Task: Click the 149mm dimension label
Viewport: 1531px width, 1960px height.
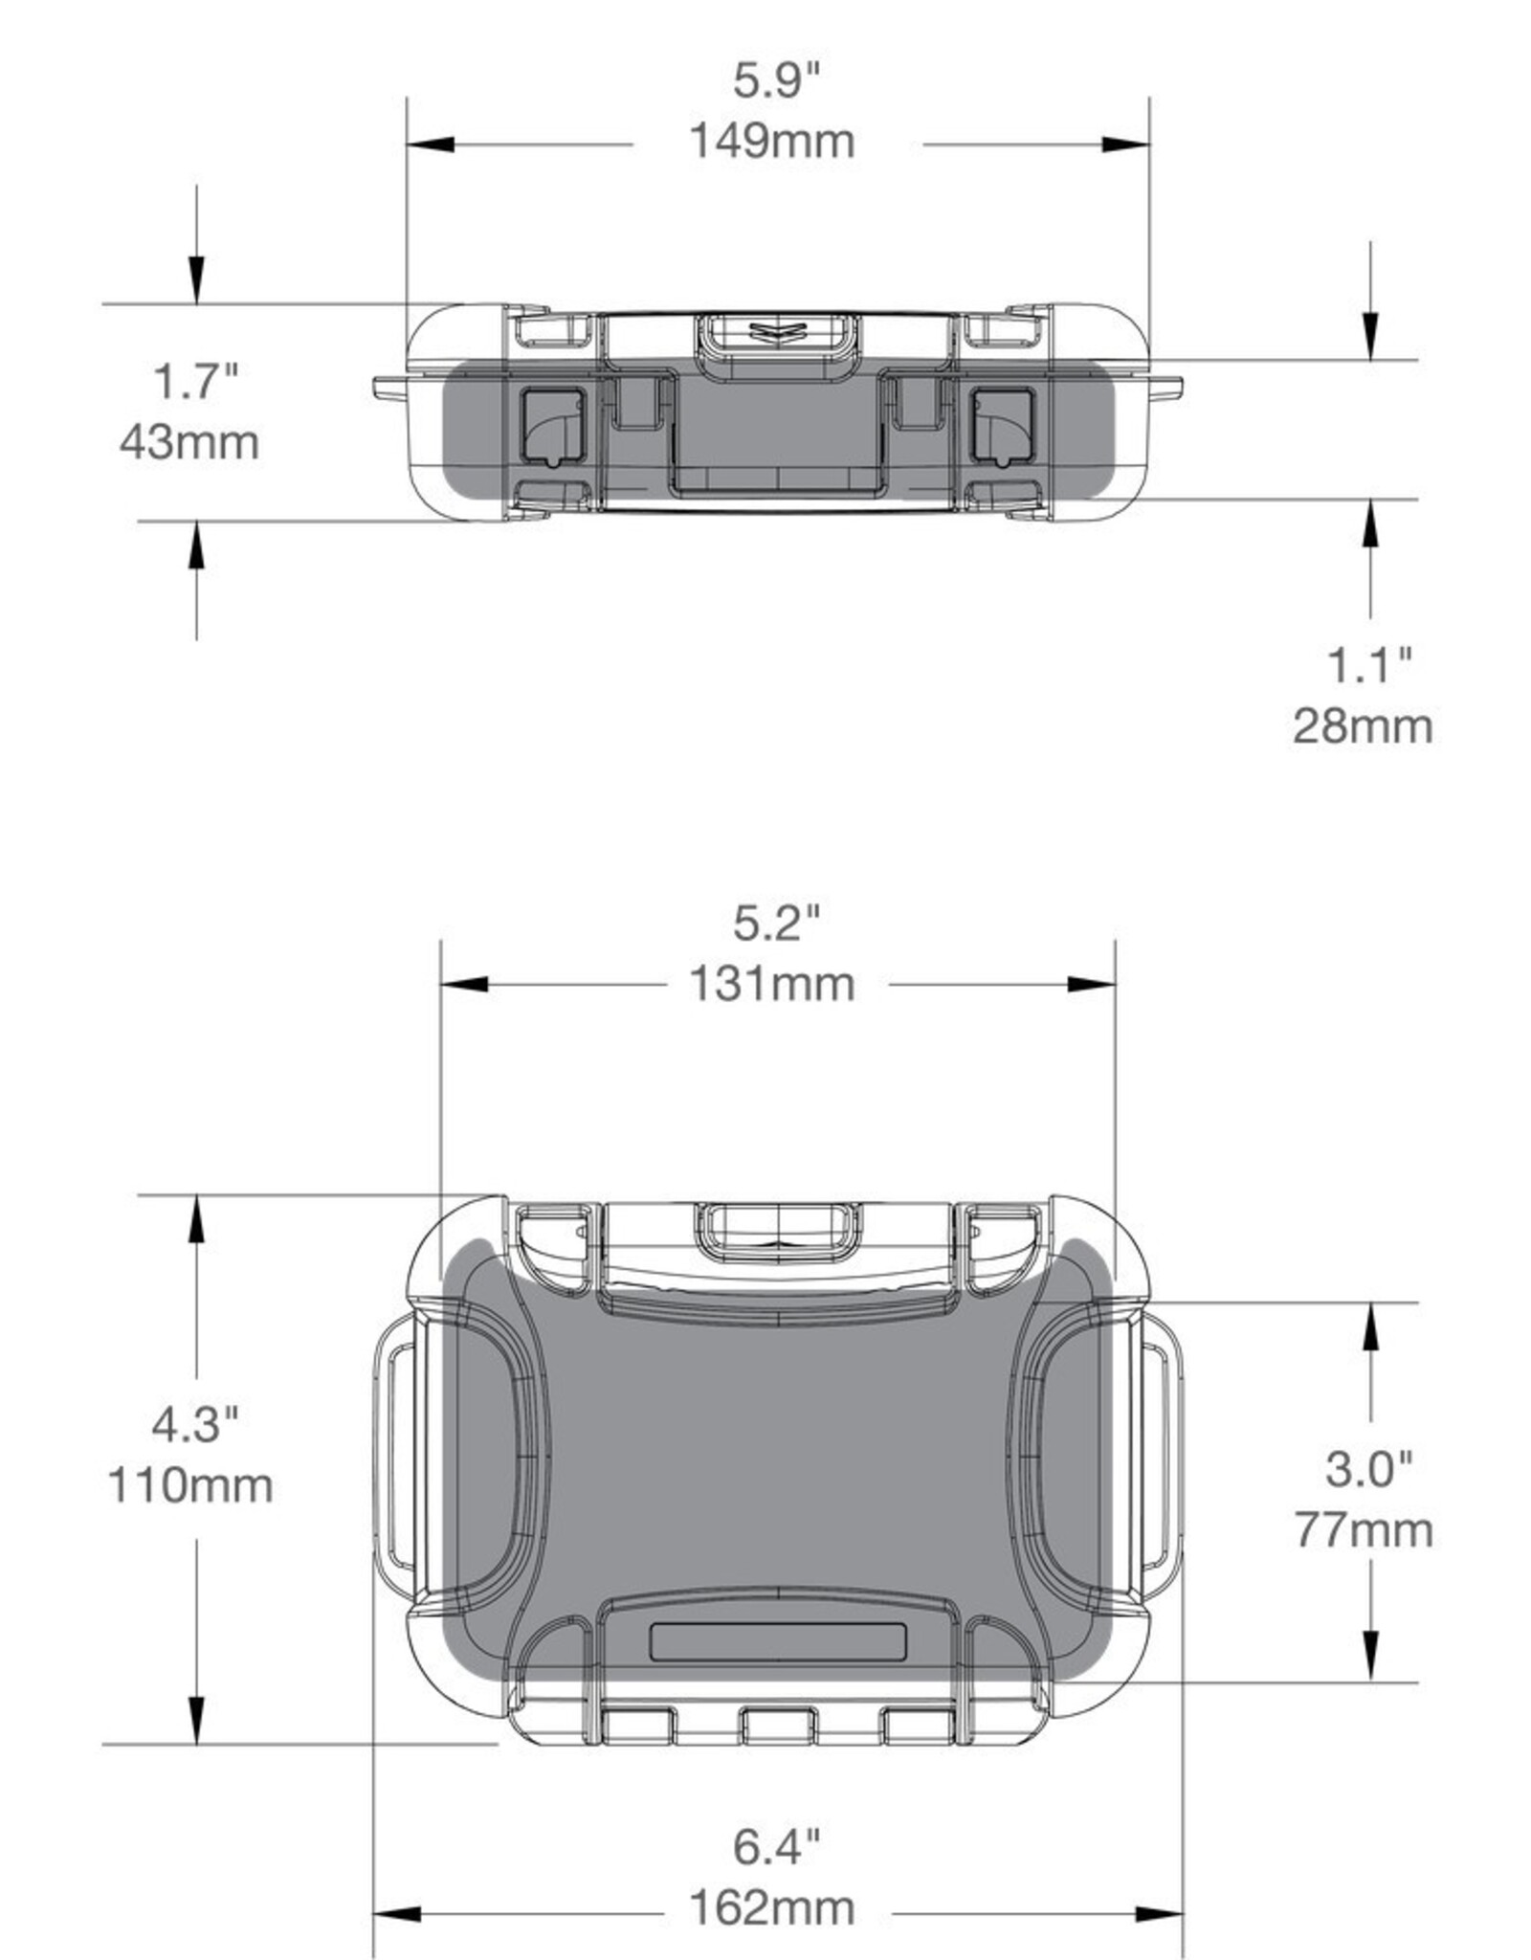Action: point(771,142)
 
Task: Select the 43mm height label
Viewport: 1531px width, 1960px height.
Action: point(189,442)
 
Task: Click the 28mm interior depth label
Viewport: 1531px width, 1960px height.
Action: point(1363,725)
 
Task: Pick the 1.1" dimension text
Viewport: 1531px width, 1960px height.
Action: point(1368,665)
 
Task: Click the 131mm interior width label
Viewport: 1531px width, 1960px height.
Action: point(771,984)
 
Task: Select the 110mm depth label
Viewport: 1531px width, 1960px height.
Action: point(189,1485)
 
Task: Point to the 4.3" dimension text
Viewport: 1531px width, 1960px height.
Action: point(194,1424)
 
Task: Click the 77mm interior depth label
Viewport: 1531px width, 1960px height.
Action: point(1363,1529)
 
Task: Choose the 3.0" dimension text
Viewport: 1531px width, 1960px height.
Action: point(1368,1468)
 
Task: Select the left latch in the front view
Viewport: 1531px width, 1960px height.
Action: point(552,426)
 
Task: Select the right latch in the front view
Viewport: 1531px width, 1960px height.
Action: point(1003,426)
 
